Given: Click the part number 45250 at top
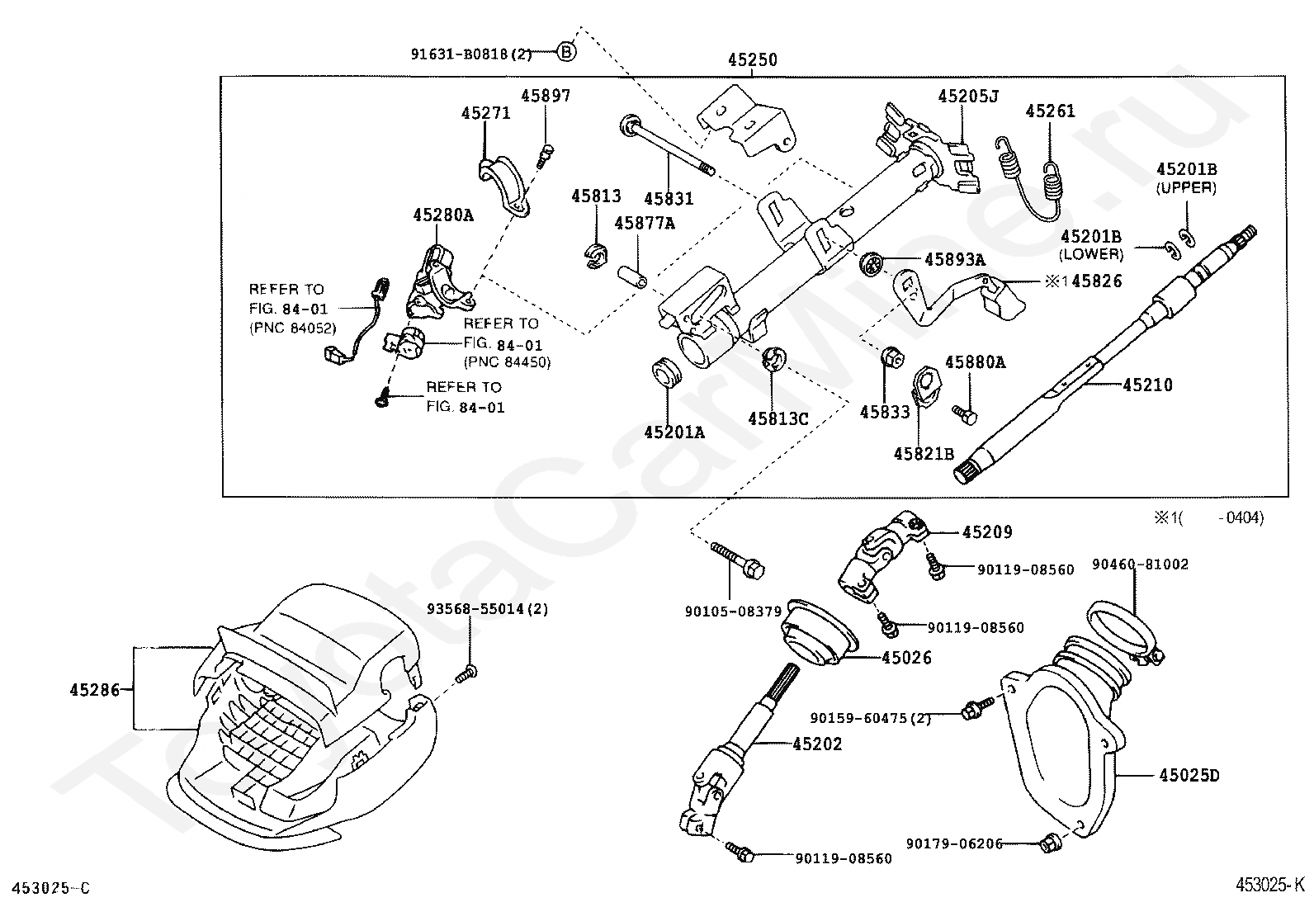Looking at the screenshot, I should [752, 60].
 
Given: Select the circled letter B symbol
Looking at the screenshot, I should [566, 53].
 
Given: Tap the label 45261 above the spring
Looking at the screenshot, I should [1050, 111].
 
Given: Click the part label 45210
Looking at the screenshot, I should [1146, 385].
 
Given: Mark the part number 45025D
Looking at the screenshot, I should [1189, 776].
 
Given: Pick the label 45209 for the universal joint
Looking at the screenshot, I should [986, 533].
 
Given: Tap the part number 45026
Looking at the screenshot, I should [906, 658].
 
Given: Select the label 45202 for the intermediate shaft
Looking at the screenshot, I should [817, 744].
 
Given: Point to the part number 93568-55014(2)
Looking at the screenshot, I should [487, 609].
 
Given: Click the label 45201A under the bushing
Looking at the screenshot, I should [674, 431].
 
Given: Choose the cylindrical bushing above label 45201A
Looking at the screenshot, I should [667, 373].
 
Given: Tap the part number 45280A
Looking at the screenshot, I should [443, 215].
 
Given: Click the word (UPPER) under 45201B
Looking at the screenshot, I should [1186, 187].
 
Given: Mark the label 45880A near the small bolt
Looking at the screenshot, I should [975, 361].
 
